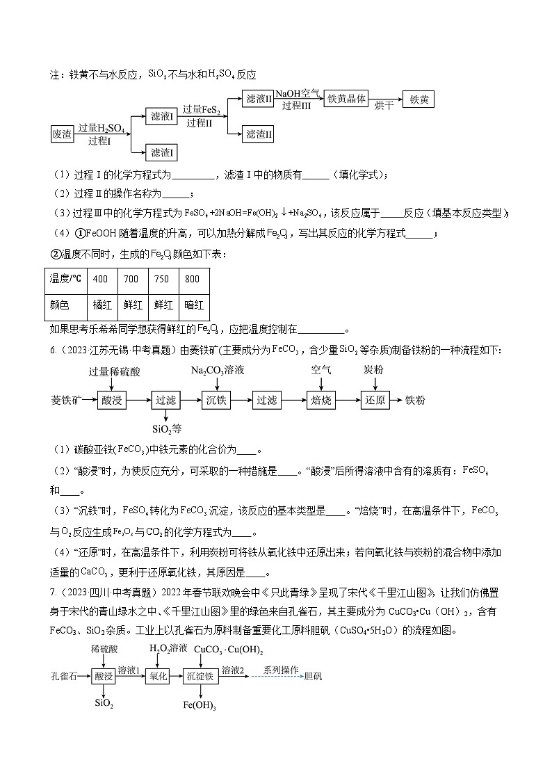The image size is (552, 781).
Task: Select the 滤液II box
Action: click(x=258, y=99)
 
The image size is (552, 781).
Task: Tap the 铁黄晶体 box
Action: click(x=346, y=99)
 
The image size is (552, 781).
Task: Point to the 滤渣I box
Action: click(x=162, y=152)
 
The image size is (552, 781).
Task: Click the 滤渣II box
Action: click(x=258, y=134)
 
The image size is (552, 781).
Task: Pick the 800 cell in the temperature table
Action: click(x=192, y=280)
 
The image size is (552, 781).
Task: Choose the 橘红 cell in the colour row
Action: click(x=101, y=305)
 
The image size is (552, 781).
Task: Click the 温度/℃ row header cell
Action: click(x=65, y=280)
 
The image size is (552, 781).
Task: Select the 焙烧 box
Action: click(x=320, y=400)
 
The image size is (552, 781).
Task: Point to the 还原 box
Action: click(x=374, y=400)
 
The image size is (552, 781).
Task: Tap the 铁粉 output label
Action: click(x=416, y=400)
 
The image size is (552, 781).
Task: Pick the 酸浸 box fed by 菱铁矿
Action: click(x=111, y=400)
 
